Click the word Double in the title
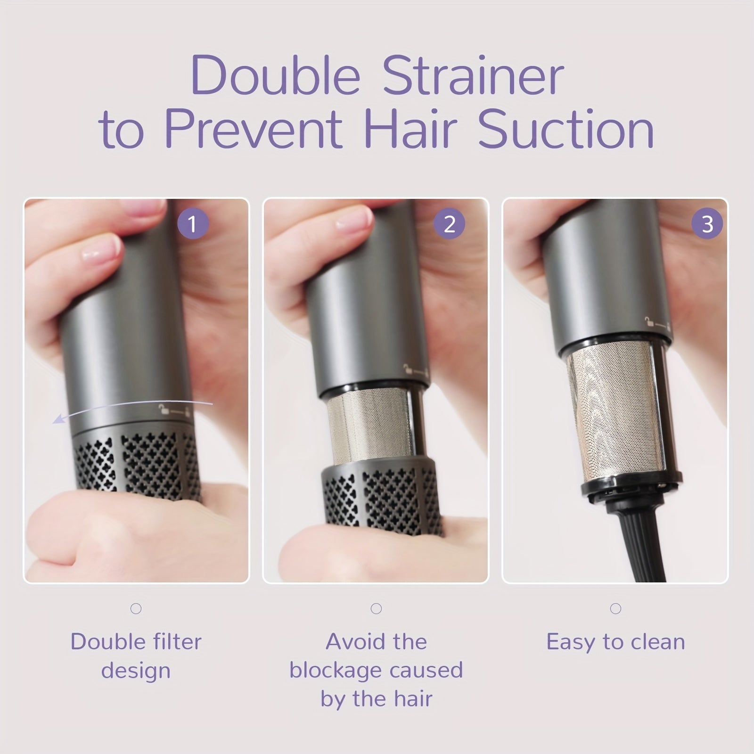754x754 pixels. (x=276, y=75)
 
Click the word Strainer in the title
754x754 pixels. (x=473, y=75)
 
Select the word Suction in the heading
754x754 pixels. (x=566, y=128)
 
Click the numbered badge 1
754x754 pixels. (x=193, y=223)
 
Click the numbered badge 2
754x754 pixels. (x=450, y=223)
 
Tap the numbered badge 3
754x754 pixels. (x=707, y=223)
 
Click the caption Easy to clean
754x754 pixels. (x=615, y=642)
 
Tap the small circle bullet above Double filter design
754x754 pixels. (x=136, y=609)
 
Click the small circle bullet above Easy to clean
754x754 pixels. (x=615, y=609)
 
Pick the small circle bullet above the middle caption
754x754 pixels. (x=376, y=609)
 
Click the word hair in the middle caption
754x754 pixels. (x=414, y=698)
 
